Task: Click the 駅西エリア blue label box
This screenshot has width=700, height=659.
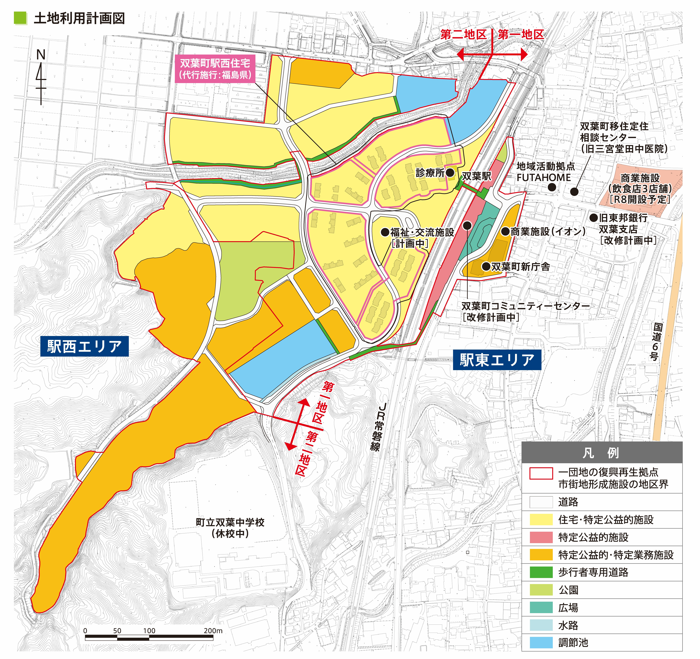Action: pos(85,346)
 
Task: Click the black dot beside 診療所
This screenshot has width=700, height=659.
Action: pos(450,172)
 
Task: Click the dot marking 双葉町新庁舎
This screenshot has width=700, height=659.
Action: pos(486,266)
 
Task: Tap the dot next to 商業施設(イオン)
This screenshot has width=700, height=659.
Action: pos(506,231)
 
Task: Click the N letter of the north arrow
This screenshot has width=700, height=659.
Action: pos(41,55)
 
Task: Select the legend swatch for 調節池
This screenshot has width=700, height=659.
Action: pos(541,642)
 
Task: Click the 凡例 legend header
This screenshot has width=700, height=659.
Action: pos(601,453)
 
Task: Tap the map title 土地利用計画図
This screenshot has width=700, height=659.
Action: pos(79,18)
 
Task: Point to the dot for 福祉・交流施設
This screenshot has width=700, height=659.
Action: pos(385,232)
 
